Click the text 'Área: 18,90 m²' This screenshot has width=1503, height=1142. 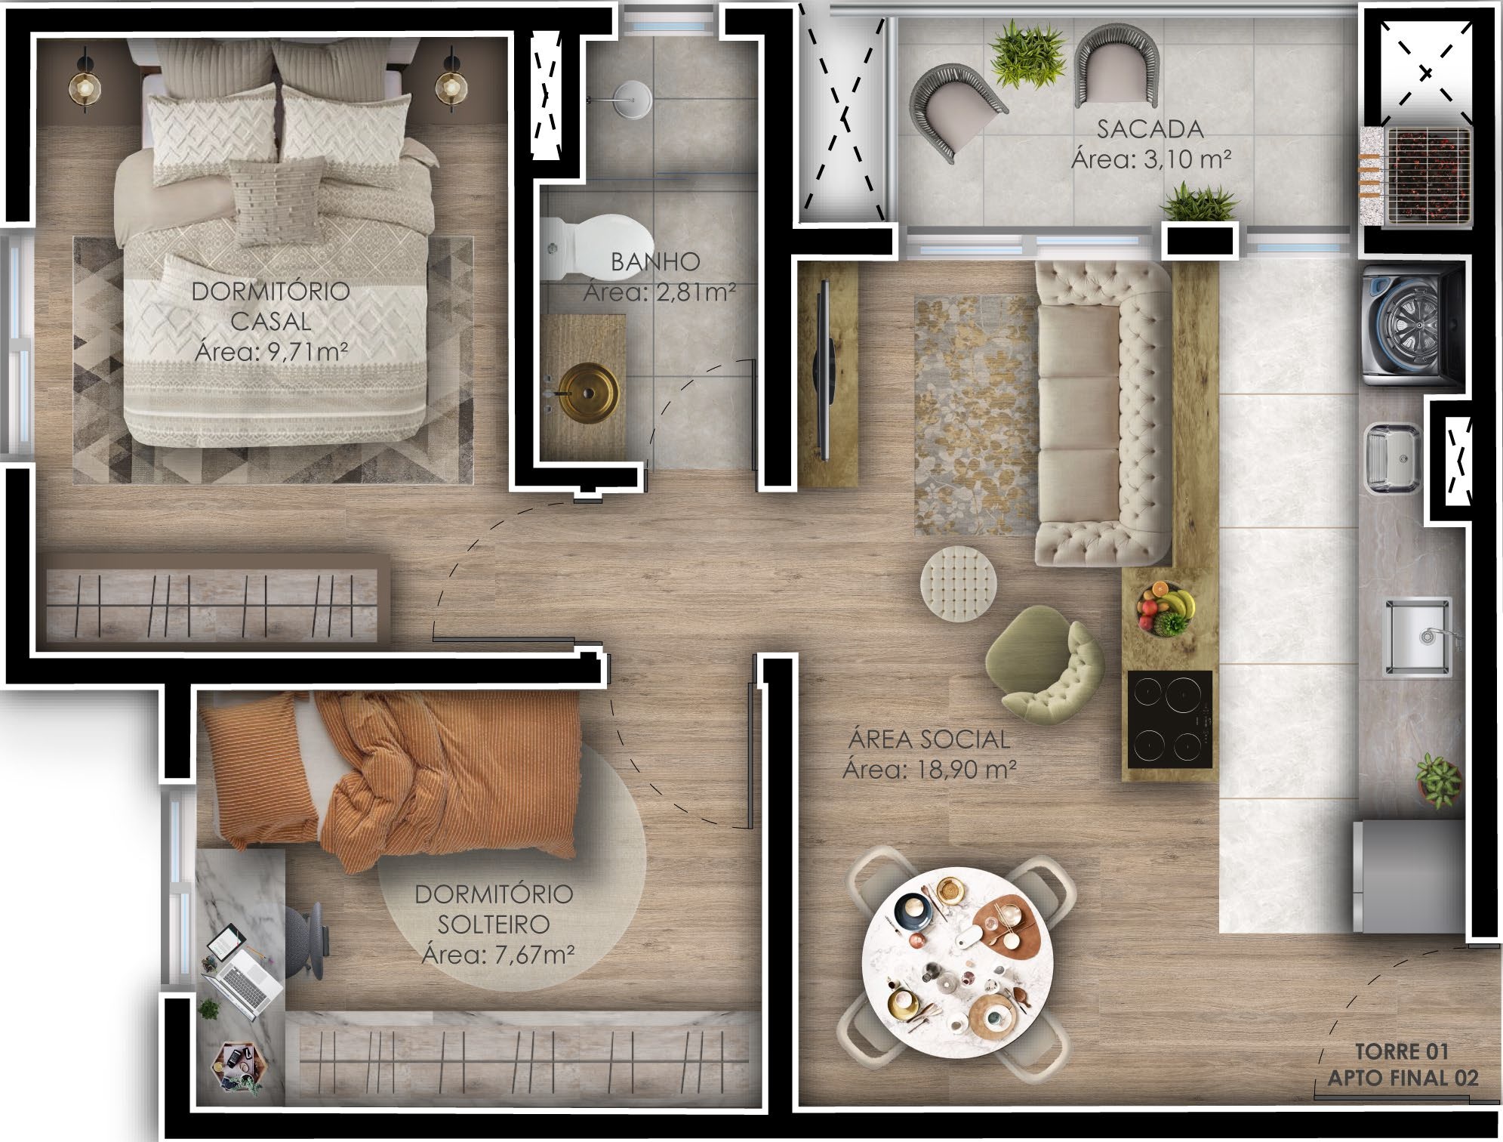[929, 770]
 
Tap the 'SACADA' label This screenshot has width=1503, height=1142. [1150, 129]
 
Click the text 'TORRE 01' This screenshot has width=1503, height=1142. [1401, 1051]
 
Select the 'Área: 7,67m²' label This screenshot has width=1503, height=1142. [498, 955]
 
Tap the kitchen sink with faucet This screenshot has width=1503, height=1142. [1417, 637]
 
